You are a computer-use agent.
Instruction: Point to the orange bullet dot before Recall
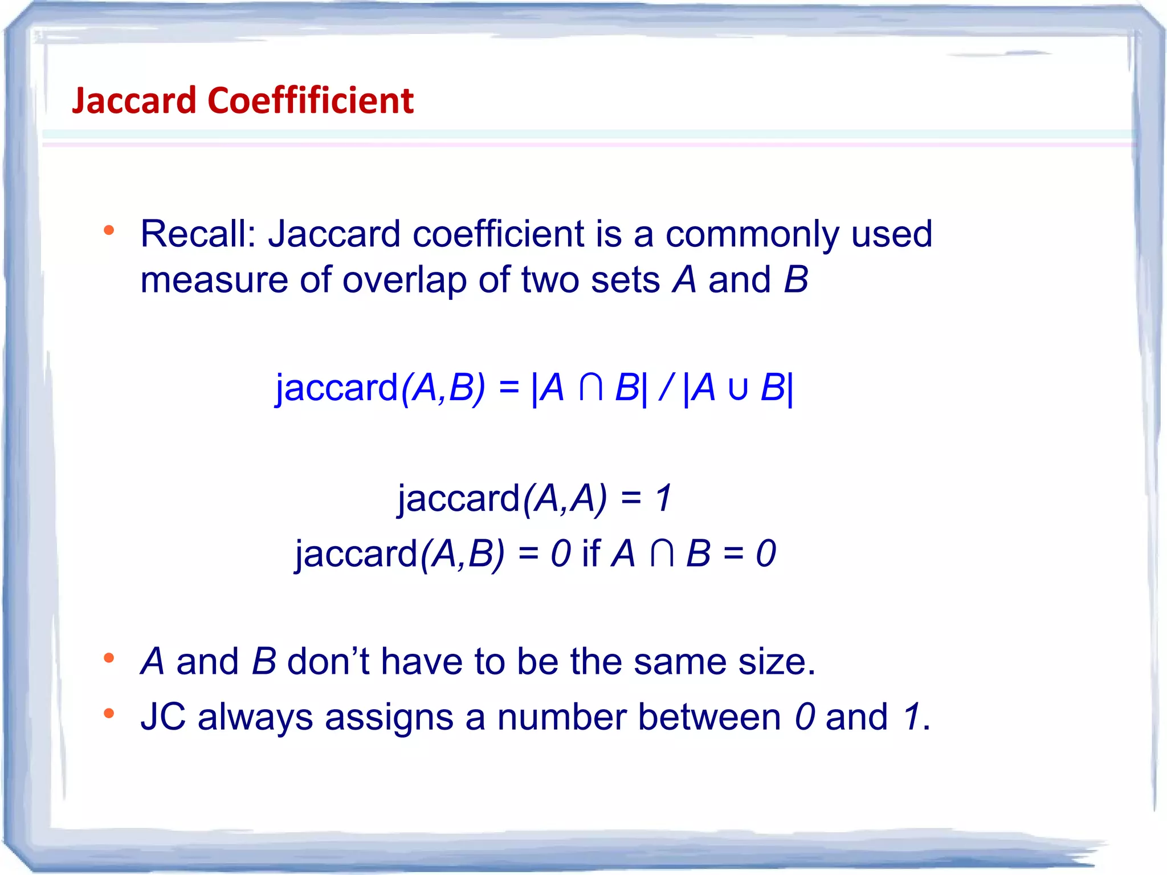click(x=109, y=231)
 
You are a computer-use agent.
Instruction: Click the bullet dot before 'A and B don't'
click(x=109, y=658)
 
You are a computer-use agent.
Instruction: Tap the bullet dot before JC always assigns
click(x=109, y=713)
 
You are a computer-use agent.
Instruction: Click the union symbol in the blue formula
click(x=738, y=389)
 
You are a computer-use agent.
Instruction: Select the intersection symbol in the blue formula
click(x=590, y=388)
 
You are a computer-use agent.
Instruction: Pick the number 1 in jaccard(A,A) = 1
click(x=663, y=498)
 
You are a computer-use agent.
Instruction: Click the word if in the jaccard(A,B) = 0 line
click(x=590, y=553)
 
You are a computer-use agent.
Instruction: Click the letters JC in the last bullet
click(x=163, y=717)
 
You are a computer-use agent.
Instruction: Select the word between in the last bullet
click(x=709, y=717)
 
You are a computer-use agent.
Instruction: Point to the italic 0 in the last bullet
click(x=805, y=717)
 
